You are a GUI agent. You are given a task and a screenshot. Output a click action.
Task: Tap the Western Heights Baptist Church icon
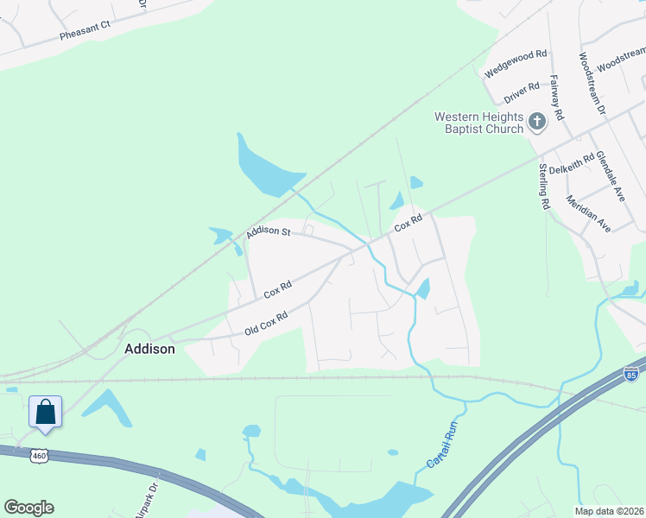(x=537, y=122)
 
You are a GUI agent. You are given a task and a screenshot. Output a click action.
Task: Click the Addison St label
(x=268, y=232)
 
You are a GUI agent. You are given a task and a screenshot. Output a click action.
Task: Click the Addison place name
(x=149, y=350)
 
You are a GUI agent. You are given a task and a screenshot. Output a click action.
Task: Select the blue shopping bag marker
(x=45, y=411)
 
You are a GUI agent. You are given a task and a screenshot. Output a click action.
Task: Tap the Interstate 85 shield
(x=631, y=376)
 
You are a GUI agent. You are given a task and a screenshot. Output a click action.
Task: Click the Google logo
(x=28, y=508)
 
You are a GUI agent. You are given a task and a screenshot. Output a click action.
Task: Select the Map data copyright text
(x=608, y=511)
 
